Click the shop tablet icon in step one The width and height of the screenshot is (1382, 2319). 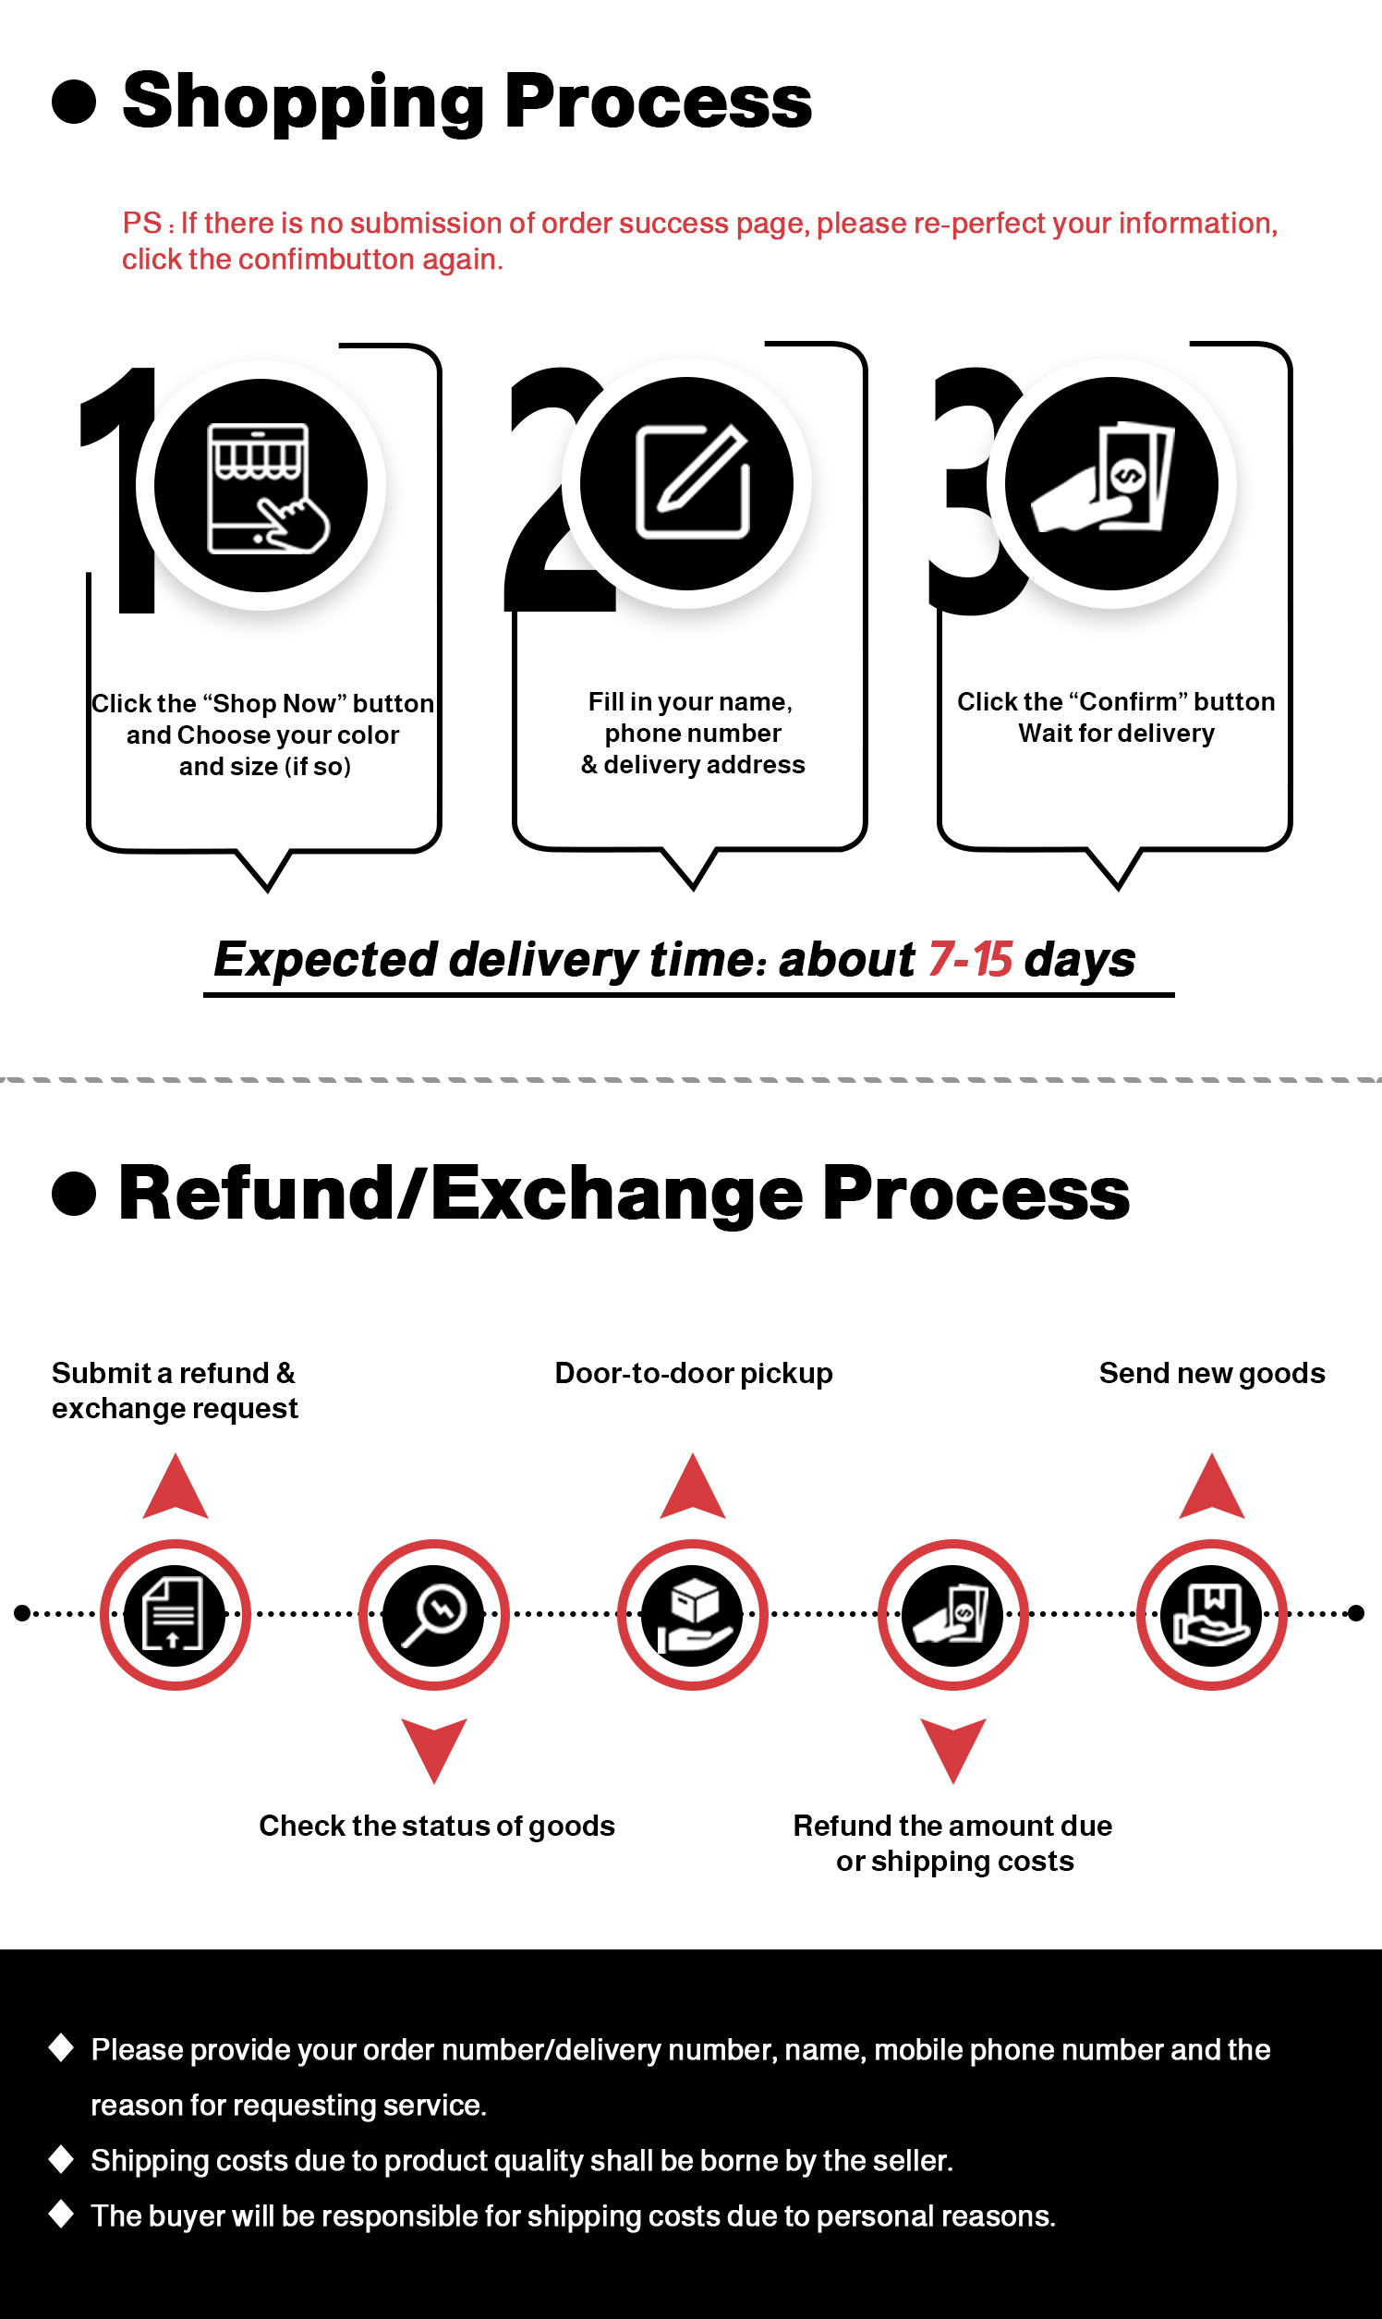coord(261,486)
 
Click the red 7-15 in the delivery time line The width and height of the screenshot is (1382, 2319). coord(969,959)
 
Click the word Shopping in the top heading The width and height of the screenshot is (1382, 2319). coord(303,103)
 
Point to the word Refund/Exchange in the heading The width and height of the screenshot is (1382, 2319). coord(460,1194)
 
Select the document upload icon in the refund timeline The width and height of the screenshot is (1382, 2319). coord(175,1614)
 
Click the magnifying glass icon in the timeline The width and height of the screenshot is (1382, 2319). coord(433,1614)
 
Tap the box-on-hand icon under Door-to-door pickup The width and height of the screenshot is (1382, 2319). coord(692,1614)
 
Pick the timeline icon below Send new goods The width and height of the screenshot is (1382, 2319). coord(1211,1614)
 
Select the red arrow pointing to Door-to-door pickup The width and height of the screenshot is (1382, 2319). coord(692,1488)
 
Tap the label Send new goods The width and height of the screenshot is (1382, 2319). coord(1211,1373)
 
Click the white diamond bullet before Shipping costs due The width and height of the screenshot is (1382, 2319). coord(62,2159)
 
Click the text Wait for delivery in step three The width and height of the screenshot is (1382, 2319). coord(1116,734)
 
